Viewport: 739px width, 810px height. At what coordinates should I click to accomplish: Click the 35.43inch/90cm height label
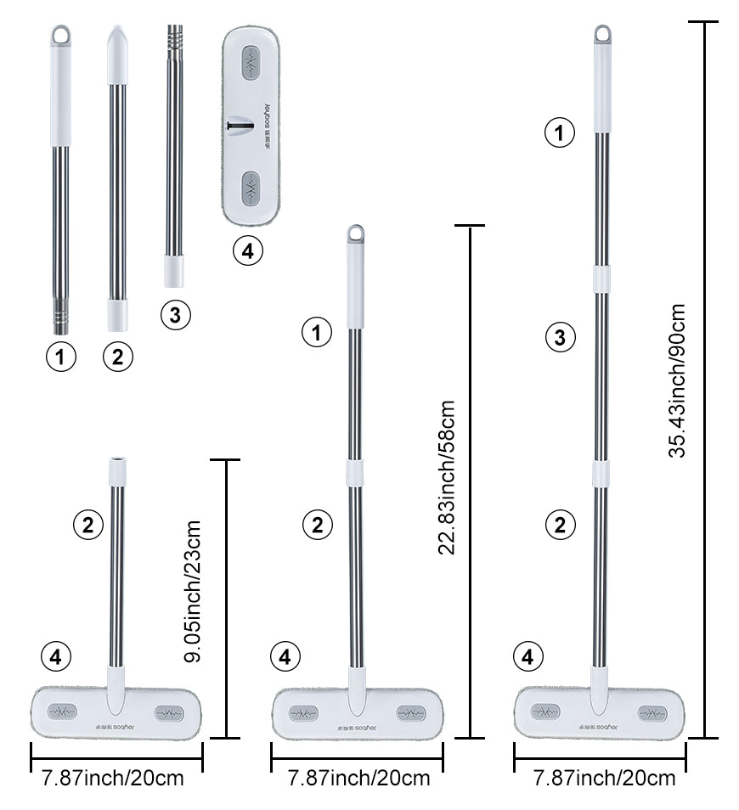pos(676,381)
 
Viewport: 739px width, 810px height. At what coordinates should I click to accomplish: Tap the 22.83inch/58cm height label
pos(447,478)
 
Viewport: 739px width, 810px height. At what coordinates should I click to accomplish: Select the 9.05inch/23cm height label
pos(194,592)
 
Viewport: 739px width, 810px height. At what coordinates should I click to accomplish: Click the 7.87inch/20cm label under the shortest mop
pos(110,778)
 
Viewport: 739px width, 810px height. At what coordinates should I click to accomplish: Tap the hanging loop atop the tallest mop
pos(602,35)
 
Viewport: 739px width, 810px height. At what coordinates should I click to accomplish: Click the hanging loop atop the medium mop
pos(355,233)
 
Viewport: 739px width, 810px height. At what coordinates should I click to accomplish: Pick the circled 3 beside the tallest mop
pos(560,338)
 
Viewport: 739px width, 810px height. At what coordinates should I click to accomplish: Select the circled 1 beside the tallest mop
pos(560,132)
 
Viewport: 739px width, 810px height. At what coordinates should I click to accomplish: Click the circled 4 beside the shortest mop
pos(56,656)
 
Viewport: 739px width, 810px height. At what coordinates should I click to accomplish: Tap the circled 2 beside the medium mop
pos(318,525)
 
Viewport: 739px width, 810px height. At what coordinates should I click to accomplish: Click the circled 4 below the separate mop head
pos(248,251)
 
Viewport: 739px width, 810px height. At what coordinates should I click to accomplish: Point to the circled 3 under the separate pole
pos(175,315)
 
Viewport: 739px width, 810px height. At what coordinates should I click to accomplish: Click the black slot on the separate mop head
pos(240,126)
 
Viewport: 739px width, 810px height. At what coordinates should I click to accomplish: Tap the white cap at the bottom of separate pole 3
pos(174,271)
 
